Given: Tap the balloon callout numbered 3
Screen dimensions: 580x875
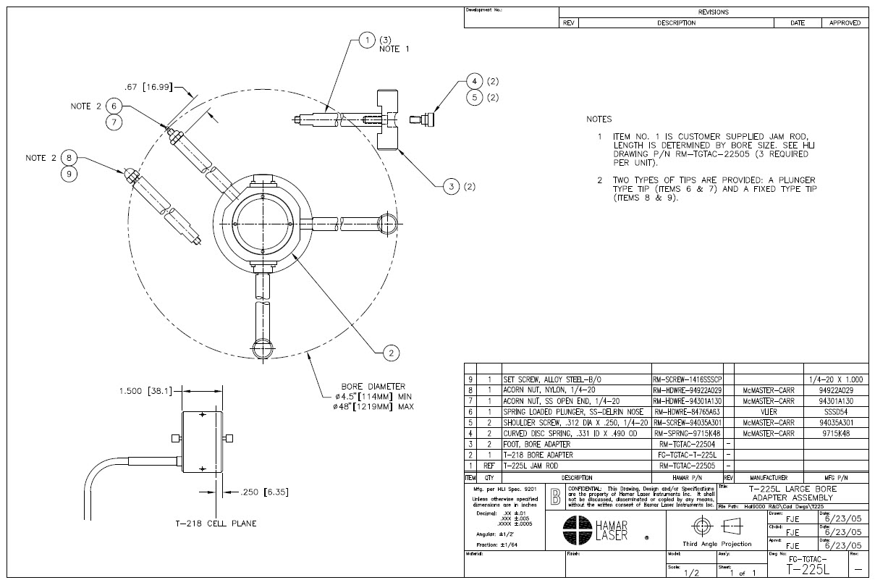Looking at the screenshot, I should [x=451, y=187].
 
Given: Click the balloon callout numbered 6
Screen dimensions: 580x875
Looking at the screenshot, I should [x=114, y=106].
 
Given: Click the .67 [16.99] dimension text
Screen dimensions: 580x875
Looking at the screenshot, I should [x=148, y=87].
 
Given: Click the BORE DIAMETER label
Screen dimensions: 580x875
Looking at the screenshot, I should [x=373, y=386].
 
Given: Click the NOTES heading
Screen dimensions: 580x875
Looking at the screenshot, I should [x=599, y=119].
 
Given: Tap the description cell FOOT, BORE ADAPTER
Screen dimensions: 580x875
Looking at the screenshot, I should [x=537, y=443].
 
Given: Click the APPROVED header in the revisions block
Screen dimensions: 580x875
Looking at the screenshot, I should [x=843, y=23].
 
